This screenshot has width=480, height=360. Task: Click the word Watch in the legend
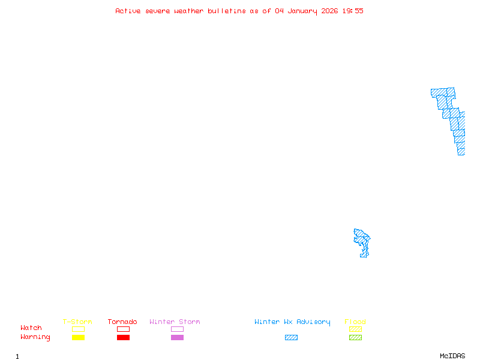tap(31, 328)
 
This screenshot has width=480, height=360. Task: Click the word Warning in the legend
tap(35, 337)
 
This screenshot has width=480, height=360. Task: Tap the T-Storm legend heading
tap(77, 322)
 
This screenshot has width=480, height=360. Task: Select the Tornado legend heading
tap(122, 322)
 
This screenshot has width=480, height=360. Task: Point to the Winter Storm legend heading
tap(175, 322)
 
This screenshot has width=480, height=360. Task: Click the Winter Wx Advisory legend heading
tap(292, 322)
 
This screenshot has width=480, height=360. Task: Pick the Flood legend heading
tap(355, 322)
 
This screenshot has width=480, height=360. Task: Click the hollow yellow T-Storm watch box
tap(78, 329)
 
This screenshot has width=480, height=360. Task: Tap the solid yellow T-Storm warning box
tap(78, 338)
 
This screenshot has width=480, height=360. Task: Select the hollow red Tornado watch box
tap(123, 329)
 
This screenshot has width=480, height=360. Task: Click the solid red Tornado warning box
tap(123, 338)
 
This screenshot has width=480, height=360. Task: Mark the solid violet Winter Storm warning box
tap(177, 338)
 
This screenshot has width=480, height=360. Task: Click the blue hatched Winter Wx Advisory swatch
tap(291, 338)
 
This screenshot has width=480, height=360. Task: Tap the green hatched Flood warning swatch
tap(355, 338)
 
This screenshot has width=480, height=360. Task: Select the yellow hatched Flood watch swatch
tap(355, 329)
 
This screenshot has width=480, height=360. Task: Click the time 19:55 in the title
tap(353, 11)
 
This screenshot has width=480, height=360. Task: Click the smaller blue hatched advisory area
tap(362, 242)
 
